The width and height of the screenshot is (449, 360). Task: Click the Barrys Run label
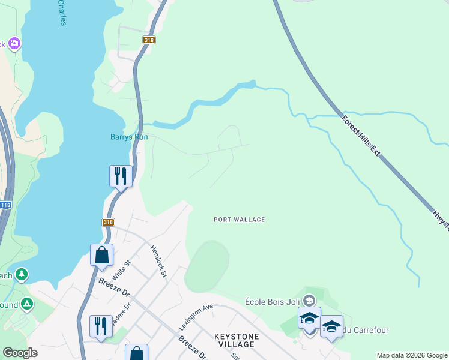pos(129,137)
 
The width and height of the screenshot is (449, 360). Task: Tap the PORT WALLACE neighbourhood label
pos(239,220)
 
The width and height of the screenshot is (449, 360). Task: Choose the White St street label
pos(121,271)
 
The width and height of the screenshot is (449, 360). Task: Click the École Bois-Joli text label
pos(273,301)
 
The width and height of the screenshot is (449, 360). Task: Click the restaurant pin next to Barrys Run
pos(121,176)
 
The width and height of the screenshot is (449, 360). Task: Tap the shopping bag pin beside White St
pos(102,254)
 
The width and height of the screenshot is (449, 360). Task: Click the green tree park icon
pos(22,275)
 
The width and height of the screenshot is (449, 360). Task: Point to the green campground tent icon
pos(26,304)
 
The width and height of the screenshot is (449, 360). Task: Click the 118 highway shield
pos(5,205)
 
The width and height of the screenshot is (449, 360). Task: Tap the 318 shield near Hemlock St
pos(108,222)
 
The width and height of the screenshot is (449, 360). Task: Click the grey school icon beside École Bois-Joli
pos(309,300)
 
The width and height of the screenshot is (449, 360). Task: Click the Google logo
pos(20,353)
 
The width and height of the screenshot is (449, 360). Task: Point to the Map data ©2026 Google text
pos(412,355)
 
